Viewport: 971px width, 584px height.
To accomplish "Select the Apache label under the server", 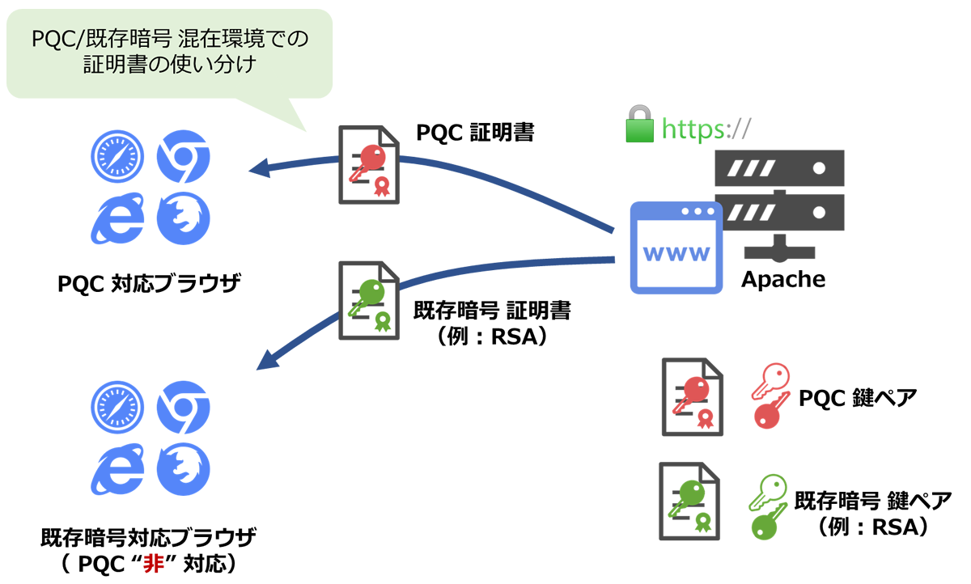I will [x=783, y=280].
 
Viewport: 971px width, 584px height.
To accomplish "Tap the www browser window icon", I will [x=676, y=248].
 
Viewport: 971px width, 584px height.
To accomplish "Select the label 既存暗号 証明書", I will [x=492, y=311].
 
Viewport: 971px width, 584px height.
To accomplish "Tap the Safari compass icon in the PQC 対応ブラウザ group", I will [x=117, y=157].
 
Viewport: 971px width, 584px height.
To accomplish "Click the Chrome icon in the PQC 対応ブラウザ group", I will [x=184, y=156].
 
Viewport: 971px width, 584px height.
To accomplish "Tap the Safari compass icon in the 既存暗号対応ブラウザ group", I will [x=117, y=407].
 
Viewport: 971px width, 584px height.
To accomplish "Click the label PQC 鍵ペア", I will [x=858, y=398].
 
